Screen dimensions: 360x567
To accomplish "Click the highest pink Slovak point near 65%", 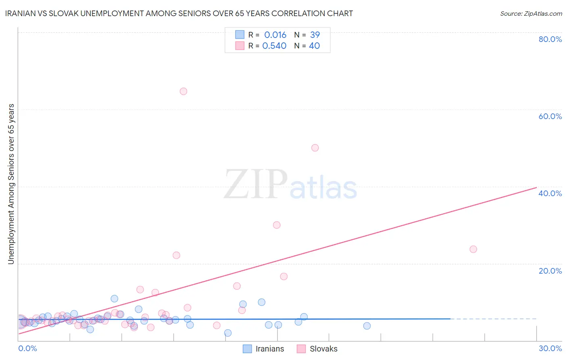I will [183, 91].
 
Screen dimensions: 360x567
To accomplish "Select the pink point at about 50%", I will [315, 148].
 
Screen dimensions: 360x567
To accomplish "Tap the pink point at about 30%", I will [277, 225].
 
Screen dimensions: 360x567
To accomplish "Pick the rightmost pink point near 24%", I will [473, 249].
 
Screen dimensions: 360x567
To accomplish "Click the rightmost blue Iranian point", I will [367, 326].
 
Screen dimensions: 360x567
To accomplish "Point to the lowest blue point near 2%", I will [228, 333].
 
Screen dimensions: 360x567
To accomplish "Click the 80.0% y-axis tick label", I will [550, 39].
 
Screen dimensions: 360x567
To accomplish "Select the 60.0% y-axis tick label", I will [550, 116].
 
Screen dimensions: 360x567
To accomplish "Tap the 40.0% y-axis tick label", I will [550, 193].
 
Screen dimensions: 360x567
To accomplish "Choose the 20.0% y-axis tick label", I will [550, 271].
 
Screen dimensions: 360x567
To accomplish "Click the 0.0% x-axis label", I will [27, 349].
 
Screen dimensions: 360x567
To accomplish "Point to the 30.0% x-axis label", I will [550, 349].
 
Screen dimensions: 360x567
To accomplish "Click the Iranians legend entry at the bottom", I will [269, 349].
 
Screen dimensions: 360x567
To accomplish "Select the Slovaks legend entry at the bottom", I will [323, 349].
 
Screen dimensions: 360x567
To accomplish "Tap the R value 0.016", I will [275, 35].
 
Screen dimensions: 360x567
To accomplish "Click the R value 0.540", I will [274, 46].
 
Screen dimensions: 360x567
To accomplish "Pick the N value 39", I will [315, 35].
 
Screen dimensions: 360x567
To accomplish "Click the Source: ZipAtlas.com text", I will [531, 14].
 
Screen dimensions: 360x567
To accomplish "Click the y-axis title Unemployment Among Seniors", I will [11, 184].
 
